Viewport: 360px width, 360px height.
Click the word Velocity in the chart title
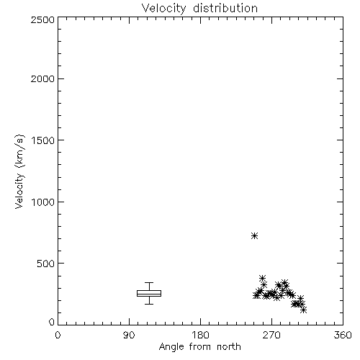tap(163, 9)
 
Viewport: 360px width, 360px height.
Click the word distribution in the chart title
tap(225, 8)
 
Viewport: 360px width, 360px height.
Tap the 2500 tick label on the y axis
tap(42, 19)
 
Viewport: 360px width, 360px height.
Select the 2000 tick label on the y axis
tap(42, 78)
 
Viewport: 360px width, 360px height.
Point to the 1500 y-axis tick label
tap(43, 140)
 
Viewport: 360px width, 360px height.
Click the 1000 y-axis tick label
tap(43, 202)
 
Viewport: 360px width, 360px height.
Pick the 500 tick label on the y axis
tap(46, 264)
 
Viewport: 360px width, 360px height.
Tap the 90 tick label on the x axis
tap(129, 335)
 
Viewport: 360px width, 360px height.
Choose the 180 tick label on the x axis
tap(200, 335)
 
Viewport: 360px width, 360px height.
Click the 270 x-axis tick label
tap(271, 335)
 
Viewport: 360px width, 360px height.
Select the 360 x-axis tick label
tap(343, 335)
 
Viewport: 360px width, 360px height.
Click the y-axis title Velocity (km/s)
tap(19, 171)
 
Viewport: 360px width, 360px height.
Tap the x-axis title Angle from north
tap(199, 347)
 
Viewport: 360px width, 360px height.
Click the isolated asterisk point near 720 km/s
tap(254, 236)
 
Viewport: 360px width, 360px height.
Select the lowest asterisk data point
tap(303, 310)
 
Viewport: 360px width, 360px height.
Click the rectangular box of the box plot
tap(149, 291)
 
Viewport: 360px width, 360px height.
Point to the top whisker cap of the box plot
tap(149, 283)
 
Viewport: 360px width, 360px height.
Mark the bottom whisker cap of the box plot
tap(149, 304)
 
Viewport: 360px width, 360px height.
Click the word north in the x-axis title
tap(228, 346)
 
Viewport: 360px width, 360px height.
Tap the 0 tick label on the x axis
tap(58, 335)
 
